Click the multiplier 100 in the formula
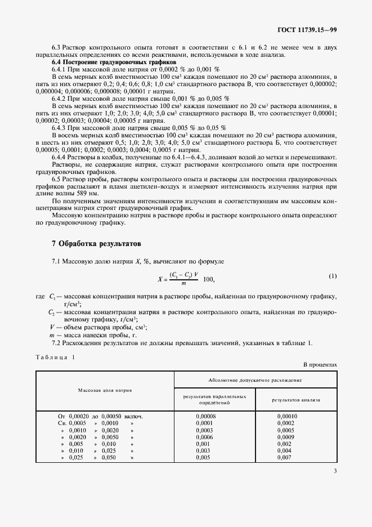click(x=208, y=279)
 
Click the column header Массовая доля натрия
click(x=105, y=390)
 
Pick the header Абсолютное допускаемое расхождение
click(x=256, y=380)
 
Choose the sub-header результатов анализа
click(x=296, y=400)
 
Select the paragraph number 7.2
click(x=57, y=343)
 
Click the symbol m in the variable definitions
click(x=52, y=336)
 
